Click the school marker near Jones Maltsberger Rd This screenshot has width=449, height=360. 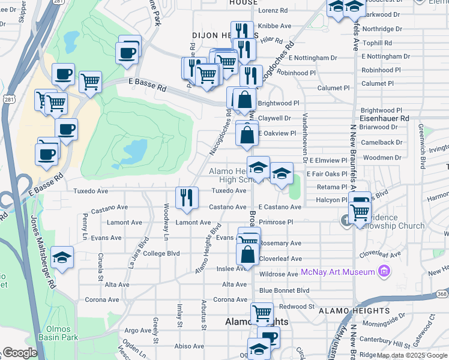62,258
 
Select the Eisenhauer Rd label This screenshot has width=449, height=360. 384,119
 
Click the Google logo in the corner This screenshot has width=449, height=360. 20,353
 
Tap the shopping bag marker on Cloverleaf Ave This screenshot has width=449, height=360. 248,254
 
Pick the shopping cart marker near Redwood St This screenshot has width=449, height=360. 262,313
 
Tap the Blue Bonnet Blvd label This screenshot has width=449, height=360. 284,290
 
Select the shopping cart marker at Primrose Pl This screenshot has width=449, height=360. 360,211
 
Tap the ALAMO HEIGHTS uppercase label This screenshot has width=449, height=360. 354,311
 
